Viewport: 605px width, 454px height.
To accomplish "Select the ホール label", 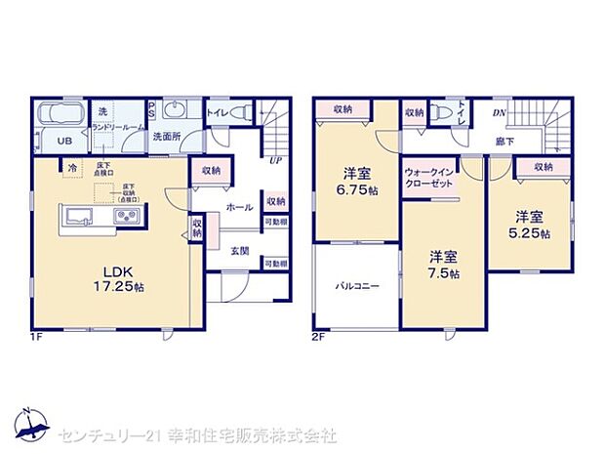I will click(239, 207).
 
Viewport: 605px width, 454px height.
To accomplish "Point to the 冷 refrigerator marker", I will click(72, 169).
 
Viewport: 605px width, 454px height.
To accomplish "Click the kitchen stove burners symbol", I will click(128, 217).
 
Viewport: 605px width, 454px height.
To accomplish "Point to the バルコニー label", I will click(357, 287).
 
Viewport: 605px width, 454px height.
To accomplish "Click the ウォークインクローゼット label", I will click(429, 179).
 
